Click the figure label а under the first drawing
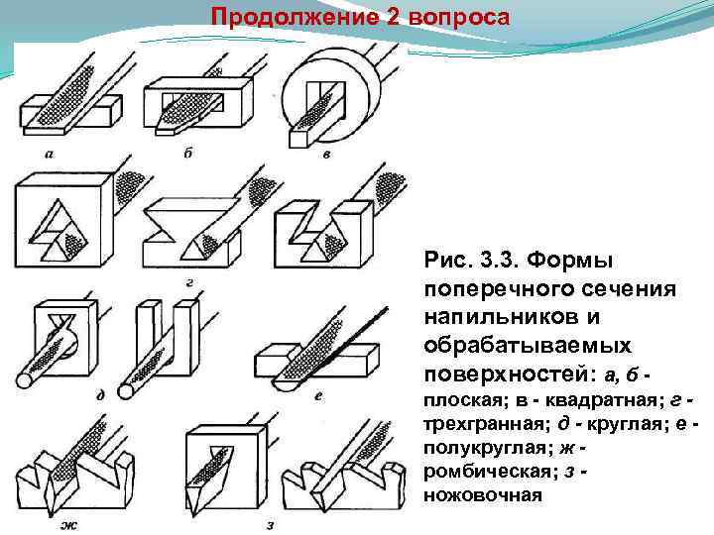(x=49, y=154)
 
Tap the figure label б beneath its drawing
(x=187, y=154)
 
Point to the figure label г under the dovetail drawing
(x=188, y=282)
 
